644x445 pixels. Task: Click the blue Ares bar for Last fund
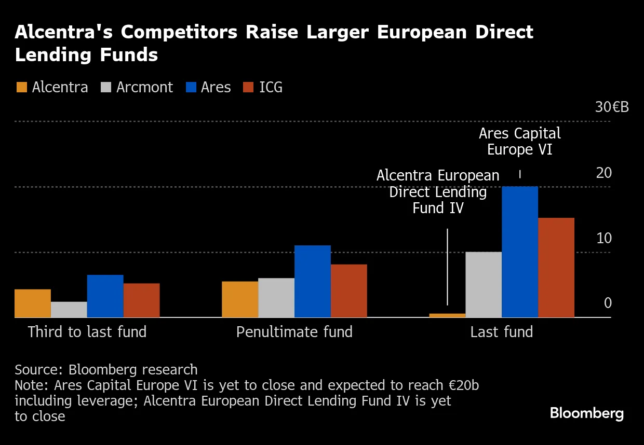pyautogui.click(x=520, y=252)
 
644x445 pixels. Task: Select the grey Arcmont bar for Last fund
pyautogui.click(x=484, y=285)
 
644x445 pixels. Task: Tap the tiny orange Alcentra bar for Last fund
pyautogui.click(x=447, y=315)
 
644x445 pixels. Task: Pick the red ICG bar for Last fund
pyautogui.click(x=556, y=268)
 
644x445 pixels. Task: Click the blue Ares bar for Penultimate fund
pyautogui.click(x=312, y=281)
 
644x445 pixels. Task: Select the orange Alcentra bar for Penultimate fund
pyautogui.click(x=240, y=299)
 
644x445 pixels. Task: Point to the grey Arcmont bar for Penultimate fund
pyautogui.click(x=276, y=298)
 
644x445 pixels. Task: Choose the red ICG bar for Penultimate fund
pyautogui.click(x=348, y=291)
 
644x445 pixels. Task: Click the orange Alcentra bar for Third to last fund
pyautogui.click(x=33, y=303)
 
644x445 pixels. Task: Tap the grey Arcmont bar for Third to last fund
pyautogui.click(x=69, y=310)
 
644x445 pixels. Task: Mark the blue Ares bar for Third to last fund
pyautogui.click(x=105, y=296)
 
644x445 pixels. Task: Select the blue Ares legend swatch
pyautogui.click(x=191, y=87)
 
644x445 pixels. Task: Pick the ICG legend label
pyautogui.click(x=271, y=87)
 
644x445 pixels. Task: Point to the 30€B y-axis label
pyautogui.click(x=612, y=107)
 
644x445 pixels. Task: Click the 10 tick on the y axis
pyautogui.click(x=604, y=239)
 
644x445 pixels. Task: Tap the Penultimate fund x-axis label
pyautogui.click(x=294, y=332)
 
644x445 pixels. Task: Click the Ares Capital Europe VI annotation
pyautogui.click(x=520, y=142)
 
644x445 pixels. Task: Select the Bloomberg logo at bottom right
pyautogui.click(x=586, y=413)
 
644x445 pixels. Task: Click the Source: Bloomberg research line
pyautogui.click(x=106, y=370)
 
